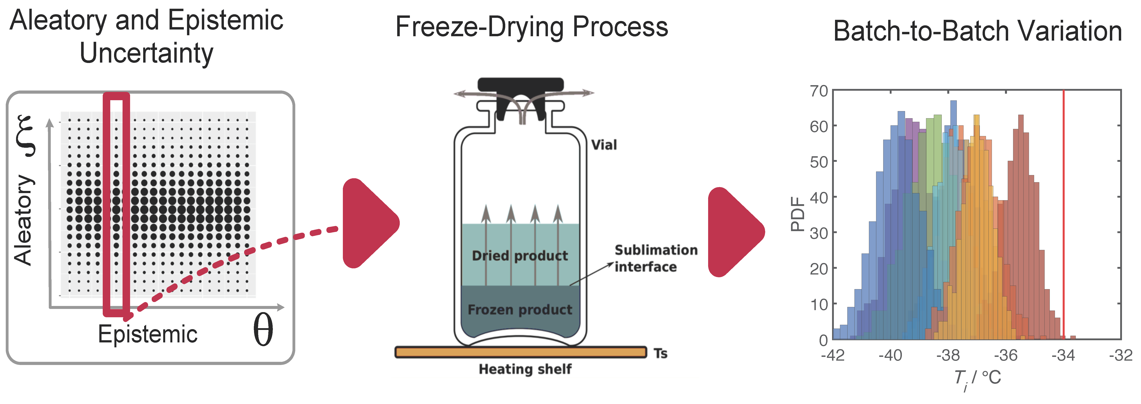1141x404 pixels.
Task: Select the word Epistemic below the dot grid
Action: coord(148,334)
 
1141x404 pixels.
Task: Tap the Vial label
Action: coord(604,145)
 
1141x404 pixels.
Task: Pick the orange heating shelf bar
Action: coord(521,352)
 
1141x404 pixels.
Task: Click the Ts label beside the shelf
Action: coord(660,353)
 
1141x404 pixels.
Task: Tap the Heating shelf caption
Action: coord(525,369)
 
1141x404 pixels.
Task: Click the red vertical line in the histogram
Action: coord(1063,212)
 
